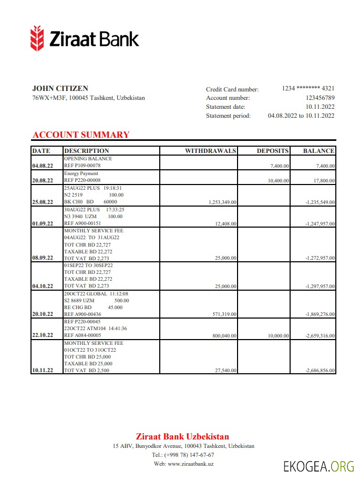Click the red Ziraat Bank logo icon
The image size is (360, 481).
coord(37,38)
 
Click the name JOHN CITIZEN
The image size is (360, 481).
coord(60,88)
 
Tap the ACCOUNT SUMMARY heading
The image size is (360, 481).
coord(80,135)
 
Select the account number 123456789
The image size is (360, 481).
coord(320,98)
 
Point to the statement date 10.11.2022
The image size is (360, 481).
coord(320,107)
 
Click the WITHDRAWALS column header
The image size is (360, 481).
coord(210,151)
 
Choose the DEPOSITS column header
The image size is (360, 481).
coord(272,151)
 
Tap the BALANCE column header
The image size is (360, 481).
coord(318,151)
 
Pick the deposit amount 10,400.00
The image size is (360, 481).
coord(278,180)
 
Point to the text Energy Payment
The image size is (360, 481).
coord(81,173)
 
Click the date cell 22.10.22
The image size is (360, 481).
coord(43,335)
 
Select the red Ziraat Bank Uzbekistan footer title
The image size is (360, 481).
coord(182,436)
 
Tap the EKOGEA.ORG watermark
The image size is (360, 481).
coord(318,466)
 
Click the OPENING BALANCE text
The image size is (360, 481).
coord(88,158)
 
